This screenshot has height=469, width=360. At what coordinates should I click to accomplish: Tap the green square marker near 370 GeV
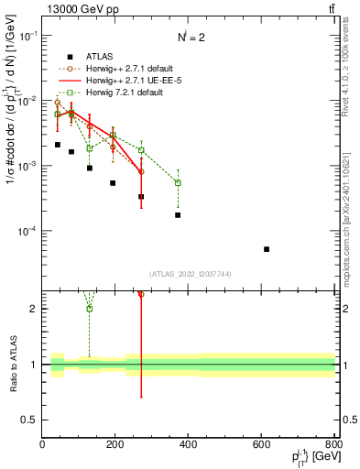(178, 183)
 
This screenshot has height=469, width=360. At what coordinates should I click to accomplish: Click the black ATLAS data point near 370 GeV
(178, 215)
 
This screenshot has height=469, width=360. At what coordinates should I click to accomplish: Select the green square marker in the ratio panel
(90, 309)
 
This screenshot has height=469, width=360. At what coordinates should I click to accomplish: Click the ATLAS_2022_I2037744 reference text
(189, 274)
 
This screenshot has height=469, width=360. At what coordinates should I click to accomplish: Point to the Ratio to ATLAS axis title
(12, 364)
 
